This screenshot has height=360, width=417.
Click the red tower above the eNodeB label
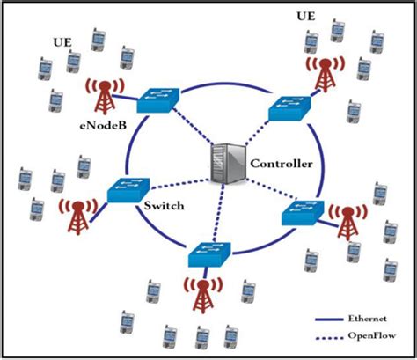[x=102, y=94]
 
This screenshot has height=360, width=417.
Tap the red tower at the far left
[x=78, y=216]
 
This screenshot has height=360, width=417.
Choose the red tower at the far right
[x=349, y=220]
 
